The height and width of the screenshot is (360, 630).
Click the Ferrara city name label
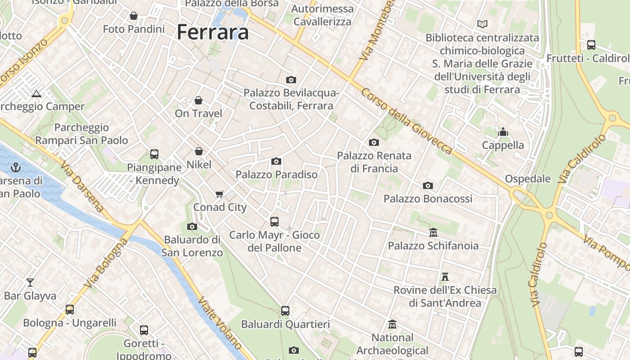[213, 32]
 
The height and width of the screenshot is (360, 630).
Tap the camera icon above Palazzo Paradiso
[276, 161]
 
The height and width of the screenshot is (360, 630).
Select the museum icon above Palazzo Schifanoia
[433, 232]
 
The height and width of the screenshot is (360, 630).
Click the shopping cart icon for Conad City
[220, 194]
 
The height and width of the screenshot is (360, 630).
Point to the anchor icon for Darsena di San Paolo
[16, 167]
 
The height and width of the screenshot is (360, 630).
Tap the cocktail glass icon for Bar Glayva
[30, 283]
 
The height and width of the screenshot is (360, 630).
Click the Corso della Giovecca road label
[406, 120]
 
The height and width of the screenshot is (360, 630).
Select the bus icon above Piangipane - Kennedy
[154, 154]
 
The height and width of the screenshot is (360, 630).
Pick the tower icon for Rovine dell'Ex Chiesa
[445, 276]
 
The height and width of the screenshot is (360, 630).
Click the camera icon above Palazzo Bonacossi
[428, 185]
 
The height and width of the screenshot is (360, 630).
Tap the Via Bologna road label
[106, 263]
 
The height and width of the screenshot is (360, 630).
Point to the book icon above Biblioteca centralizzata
[482, 24]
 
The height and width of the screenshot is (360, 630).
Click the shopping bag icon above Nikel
[199, 152]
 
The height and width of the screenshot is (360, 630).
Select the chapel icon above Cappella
[503, 132]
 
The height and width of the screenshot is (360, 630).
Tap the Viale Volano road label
[220, 323]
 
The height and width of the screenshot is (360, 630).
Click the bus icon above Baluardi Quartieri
[285, 310]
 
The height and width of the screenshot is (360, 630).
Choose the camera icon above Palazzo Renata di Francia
[374, 143]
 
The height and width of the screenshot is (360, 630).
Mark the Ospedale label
[528, 179]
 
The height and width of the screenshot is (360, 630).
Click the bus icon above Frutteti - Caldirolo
[591, 45]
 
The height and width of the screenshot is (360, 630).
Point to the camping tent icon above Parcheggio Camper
[36, 94]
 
